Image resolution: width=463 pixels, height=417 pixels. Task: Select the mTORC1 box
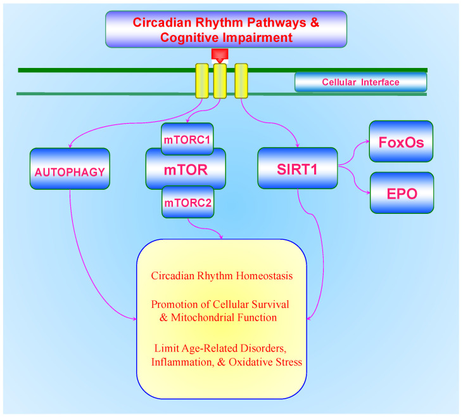point(187,139)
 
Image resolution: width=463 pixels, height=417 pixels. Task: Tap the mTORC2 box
point(187,203)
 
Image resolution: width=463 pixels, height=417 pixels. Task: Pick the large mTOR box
point(186,169)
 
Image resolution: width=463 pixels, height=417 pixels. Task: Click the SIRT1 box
point(297,168)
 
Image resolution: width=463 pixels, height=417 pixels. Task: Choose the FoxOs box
point(402,141)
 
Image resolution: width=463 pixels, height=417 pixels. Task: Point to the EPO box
point(402,192)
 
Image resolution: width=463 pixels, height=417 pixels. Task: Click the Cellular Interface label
point(360,82)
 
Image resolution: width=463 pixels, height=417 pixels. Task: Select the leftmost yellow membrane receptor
point(201,81)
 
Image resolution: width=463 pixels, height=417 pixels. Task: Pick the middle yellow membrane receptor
point(220,81)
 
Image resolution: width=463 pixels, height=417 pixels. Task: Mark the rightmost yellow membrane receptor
point(241,81)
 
